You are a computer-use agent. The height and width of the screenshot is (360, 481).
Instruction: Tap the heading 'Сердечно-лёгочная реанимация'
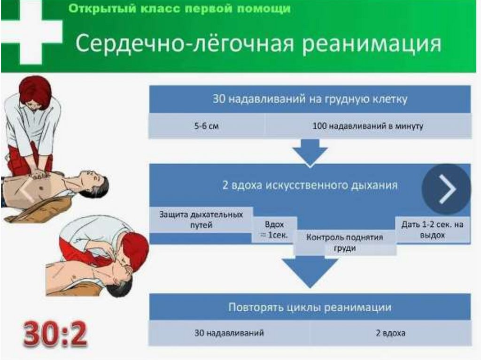[x=258, y=45]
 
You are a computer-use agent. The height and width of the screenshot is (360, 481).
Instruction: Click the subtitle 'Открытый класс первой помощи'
[x=179, y=9]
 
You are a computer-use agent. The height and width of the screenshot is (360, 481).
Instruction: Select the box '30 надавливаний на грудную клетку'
[x=310, y=99]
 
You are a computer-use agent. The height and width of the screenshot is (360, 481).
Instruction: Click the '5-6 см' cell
[x=207, y=126]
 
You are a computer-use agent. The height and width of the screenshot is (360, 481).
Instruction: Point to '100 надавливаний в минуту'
[x=368, y=126]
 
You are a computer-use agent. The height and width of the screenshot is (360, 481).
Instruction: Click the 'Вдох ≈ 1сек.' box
[x=274, y=230]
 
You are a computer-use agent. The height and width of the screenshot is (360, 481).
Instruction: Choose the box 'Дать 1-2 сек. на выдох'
[x=432, y=230]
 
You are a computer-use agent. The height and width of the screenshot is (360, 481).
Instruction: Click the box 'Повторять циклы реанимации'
[x=310, y=307]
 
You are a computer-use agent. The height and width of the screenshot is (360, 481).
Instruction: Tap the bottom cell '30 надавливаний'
[x=229, y=333]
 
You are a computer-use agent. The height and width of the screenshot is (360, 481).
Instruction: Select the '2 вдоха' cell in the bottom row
[x=390, y=333]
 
